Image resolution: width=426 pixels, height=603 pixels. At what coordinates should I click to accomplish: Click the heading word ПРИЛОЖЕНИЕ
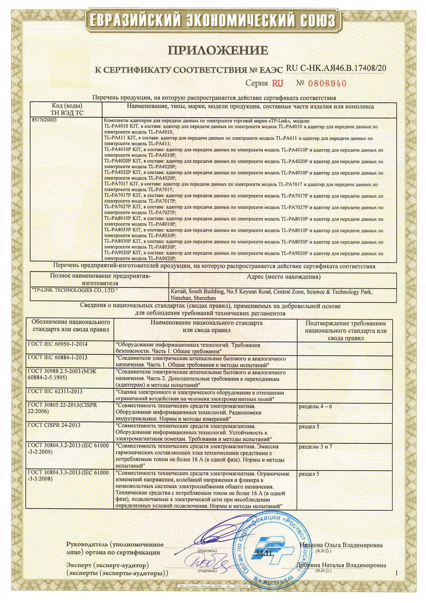[x=217, y=51]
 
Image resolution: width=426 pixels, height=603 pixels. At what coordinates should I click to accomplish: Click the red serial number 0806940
[x=326, y=83]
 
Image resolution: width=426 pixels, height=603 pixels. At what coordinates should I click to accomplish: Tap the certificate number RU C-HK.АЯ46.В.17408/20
[x=336, y=68]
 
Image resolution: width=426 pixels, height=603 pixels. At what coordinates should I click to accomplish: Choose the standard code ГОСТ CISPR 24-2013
[x=54, y=425]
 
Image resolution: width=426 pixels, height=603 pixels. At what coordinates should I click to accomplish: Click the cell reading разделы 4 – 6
[x=315, y=406]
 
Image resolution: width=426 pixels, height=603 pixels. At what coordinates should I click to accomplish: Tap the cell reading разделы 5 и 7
[x=315, y=446]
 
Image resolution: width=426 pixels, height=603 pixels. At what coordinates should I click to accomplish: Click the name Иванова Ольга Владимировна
[x=341, y=545]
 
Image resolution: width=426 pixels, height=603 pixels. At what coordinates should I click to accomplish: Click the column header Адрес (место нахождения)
[x=283, y=277]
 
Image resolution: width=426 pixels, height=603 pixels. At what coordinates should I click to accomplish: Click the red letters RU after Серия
[x=278, y=83]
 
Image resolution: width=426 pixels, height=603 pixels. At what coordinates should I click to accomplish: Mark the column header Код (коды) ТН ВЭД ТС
[x=67, y=109]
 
